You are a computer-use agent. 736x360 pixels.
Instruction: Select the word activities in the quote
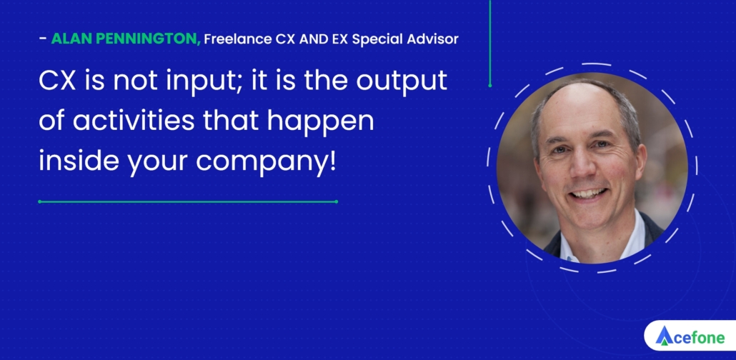[134, 121]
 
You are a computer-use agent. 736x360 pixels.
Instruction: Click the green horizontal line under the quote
[188, 202]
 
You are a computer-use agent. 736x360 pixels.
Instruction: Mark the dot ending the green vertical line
[490, 86]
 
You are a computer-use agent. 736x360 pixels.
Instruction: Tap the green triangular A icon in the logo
[664, 336]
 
